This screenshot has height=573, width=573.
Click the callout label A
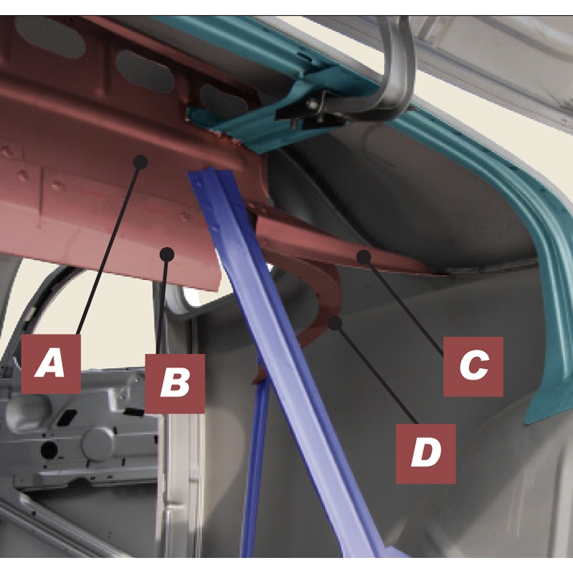(51, 364)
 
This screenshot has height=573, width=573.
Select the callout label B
(175, 383)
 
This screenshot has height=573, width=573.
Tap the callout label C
(473, 367)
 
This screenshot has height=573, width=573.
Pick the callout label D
(425, 454)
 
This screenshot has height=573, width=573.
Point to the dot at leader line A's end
(140, 162)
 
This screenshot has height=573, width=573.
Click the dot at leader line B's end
(168, 254)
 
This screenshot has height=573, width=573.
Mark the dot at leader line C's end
(364, 257)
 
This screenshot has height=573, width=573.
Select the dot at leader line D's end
(335, 323)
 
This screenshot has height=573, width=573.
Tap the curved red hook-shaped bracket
(325, 292)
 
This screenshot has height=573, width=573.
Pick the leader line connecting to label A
(109, 248)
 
